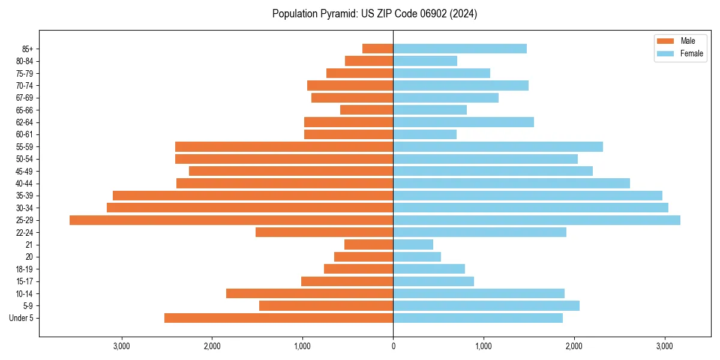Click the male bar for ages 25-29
point(231,220)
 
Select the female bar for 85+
point(460,49)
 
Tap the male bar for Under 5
point(278,318)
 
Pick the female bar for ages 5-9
point(486,306)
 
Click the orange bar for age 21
point(368,245)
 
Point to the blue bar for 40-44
point(511,184)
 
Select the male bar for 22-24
point(324,232)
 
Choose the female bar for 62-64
point(463,122)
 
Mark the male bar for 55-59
point(284,147)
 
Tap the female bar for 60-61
point(425,134)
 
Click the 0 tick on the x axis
point(393,346)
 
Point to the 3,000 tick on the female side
point(664,346)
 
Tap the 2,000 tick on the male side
point(212,346)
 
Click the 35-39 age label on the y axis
point(25,196)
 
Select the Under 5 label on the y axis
point(22,318)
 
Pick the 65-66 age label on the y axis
point(25,110)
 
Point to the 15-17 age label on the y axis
point(25,281)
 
